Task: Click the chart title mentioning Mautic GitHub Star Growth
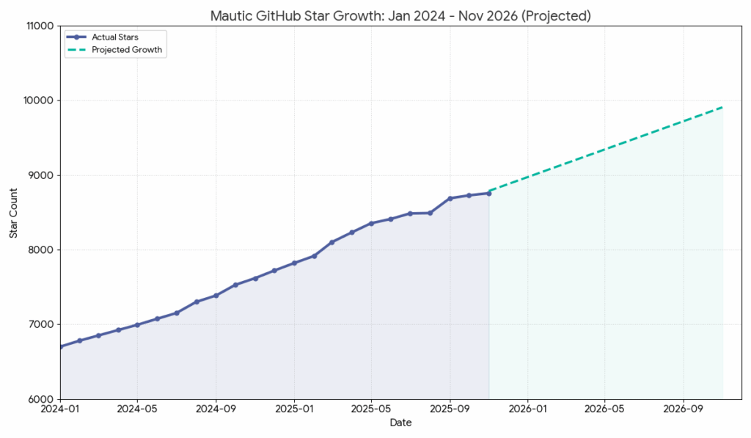[400, 15]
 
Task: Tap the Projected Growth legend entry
[126, 50]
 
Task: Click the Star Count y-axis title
[13, 213]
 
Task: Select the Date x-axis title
[400, 423]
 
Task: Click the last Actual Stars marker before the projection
[488, 193]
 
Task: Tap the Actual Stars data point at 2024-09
[216, 296]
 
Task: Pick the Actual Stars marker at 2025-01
[294, 263]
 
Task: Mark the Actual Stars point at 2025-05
[371, 223]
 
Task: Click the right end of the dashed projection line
[722, 107]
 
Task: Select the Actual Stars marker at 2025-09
[450, 198]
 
